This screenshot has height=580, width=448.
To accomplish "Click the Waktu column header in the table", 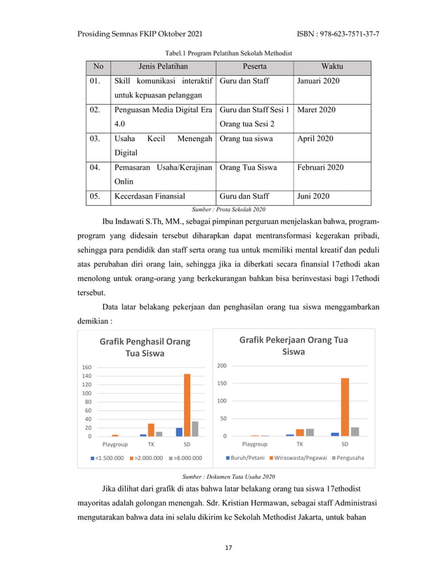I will click(x=331, y=67).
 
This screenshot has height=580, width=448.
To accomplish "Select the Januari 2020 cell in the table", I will click(x=318, y=82).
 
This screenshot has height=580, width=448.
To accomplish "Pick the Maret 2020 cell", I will click(x=316, y=110).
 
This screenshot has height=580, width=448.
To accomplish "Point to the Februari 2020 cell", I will click(x=320, y=168).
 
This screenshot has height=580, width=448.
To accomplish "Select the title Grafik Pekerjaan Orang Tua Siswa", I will click(x=294, y=345).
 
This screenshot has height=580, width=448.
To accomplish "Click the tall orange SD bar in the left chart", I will click(x=187, y=405).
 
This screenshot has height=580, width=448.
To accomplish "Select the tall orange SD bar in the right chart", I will click(x=345, y=407).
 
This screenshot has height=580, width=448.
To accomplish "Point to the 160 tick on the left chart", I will click(x=87, y=368).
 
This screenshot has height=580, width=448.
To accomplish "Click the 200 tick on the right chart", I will click(x=222, y=366).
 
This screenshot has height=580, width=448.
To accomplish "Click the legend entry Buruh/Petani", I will click(x=246, y=458).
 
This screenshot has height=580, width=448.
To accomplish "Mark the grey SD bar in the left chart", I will click(x=195, y=429).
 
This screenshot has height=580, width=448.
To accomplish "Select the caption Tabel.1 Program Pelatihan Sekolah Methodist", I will click(x=228, y=53).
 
